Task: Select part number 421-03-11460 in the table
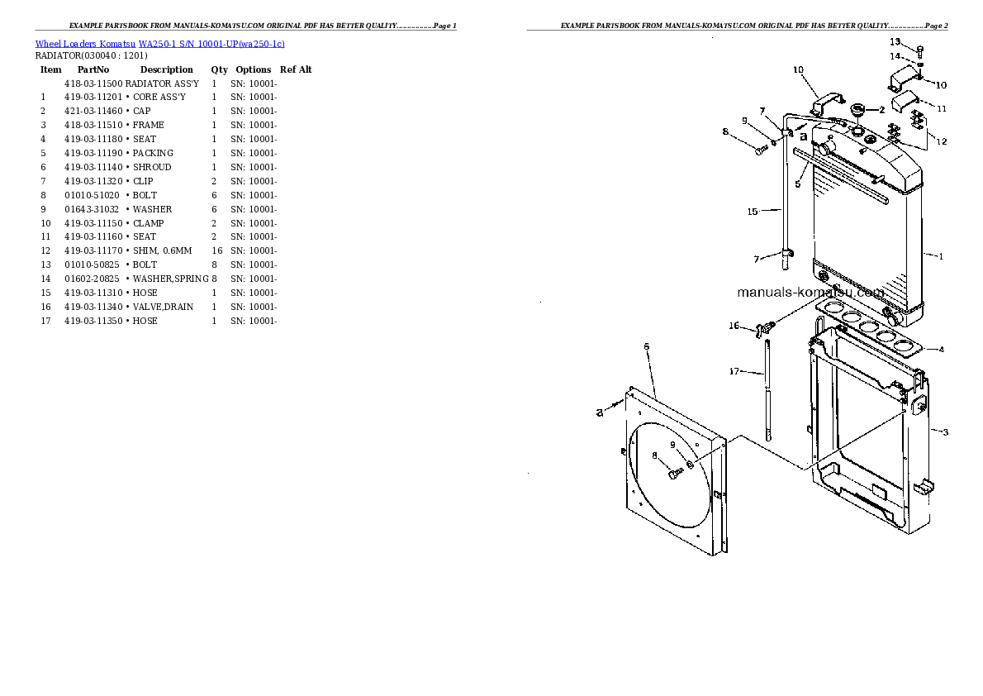(x=93, y=111)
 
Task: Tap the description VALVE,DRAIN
(x=163, y=307)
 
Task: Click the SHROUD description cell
(x=152, y=167)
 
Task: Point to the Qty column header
(x=219, y=69)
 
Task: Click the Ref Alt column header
(x=296, y=69)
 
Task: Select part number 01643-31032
(x=93, y=209)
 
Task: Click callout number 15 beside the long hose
(x=752, y=212)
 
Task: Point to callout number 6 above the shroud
(x=646, y=346)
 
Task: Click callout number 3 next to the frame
(x=945, y=432)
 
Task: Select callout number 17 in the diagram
(x=734, y=371)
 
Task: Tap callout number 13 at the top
(x=895, y=41)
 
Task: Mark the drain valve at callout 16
(x=763, y=329)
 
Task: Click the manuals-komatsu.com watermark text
(x=810, y=293)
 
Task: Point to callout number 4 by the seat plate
(x=941, y=349)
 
